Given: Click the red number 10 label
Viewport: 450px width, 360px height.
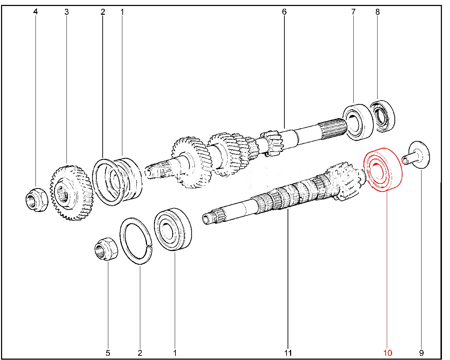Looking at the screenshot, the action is (388, 353).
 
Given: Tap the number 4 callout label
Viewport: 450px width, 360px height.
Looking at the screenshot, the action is (36, 12).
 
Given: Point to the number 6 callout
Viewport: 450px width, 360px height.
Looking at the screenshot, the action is (284, 12).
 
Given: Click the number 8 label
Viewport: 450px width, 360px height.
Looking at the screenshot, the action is (378, 12).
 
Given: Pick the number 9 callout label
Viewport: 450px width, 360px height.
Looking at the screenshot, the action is (422, 353).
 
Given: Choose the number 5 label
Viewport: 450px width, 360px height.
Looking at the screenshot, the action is (108, 353).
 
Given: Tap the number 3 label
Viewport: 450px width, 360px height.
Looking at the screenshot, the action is (66, 12).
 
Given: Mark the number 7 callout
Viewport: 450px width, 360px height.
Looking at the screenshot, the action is (353, 12).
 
